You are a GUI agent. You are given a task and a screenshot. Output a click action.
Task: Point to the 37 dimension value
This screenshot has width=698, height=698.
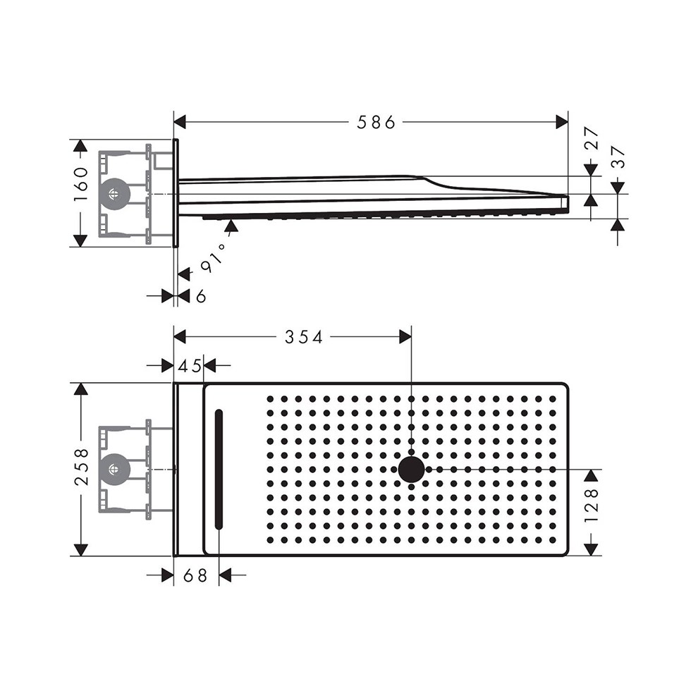(x=618, y=157)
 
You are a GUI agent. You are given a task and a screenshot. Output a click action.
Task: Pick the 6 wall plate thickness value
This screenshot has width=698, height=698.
(x=201, y=297)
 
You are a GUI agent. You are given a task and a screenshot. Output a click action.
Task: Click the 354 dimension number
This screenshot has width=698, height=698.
(x=303, y=338)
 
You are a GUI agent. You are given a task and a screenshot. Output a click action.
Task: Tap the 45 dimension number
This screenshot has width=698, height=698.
(x=188, y=365)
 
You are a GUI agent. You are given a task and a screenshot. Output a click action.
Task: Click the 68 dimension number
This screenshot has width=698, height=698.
(x=196, y=576)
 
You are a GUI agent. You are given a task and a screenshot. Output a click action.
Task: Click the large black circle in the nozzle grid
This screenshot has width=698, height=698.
(x=411, y=469)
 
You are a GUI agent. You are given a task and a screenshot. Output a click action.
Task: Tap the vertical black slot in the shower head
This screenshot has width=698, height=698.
(x=219, y=469)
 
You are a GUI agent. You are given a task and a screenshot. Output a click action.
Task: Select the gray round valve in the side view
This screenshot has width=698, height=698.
(x=114, y=193)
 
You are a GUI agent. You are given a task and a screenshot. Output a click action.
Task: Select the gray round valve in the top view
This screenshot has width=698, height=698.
(x=114, y=469)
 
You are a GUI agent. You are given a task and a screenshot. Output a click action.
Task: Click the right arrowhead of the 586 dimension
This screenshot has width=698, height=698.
(x=562, y=123)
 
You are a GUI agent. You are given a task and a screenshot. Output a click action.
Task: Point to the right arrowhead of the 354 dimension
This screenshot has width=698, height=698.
(x=405, y=338)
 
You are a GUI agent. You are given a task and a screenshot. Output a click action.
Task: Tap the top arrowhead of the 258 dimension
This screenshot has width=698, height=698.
(x=81, y=390)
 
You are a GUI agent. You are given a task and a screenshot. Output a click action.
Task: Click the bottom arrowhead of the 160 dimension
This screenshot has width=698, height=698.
(x=81, y=240)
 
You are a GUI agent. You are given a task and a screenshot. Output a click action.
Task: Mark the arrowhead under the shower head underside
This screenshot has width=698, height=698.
(x=231, y=226)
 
